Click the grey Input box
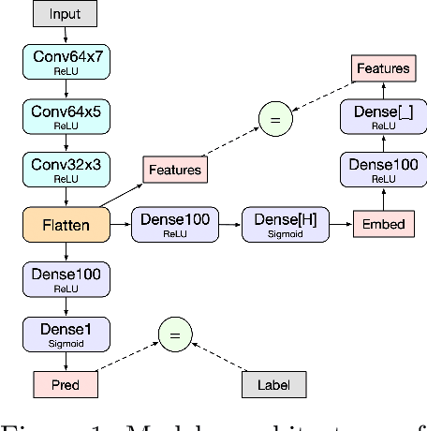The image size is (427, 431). coord(66,15)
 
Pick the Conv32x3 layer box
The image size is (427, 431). coord(66,169)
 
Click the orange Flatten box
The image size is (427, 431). coord(66,225)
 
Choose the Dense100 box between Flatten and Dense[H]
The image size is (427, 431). coord(175,225)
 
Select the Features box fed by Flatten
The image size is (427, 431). coord(175,170)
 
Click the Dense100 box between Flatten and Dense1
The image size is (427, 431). coord(66,279)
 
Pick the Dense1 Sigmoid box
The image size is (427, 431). coord(66,334)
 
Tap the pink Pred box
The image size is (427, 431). coord(66,384)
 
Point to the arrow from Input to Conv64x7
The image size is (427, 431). coord(66,35)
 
